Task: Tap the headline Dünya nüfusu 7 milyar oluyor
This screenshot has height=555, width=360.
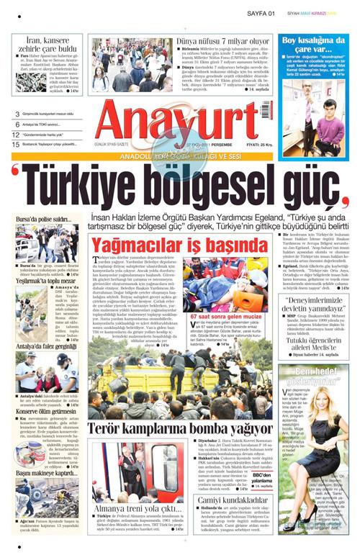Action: [222, 43]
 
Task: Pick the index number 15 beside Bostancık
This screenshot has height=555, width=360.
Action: [16, 145]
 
